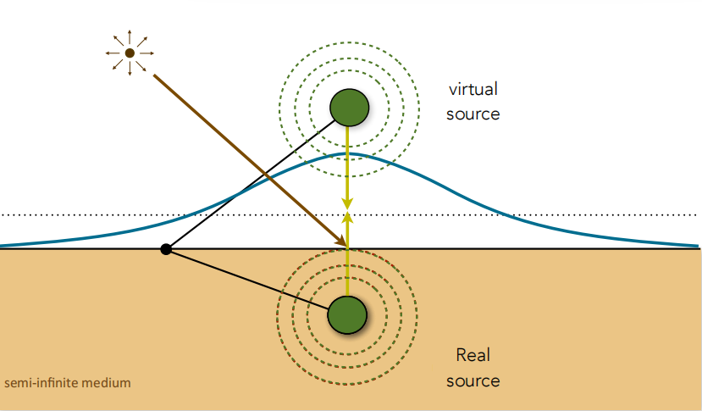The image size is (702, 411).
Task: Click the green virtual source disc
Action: [x=349, y=108]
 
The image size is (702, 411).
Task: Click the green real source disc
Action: [x=347, y=314]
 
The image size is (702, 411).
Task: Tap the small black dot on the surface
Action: [x=166, y=249]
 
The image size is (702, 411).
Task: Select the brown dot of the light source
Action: [x=130, y=53]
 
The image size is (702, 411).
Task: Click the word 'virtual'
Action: [x=473, y=89]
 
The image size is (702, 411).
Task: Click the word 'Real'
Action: [x=473, y=355]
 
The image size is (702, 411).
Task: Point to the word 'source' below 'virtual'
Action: [x=473, y=114]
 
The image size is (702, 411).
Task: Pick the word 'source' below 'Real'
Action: [x=473, y=381]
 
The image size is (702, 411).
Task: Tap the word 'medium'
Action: [x=107, y=383]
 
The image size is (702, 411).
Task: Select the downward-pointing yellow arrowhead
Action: [x=347, y=203]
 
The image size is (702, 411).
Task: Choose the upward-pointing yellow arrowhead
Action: [x=347, y=216]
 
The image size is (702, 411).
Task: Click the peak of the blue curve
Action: [x=348, y=154]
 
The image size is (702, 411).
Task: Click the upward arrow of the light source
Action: [x=130, y=36]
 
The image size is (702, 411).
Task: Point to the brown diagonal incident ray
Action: [x=251, y=161]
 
